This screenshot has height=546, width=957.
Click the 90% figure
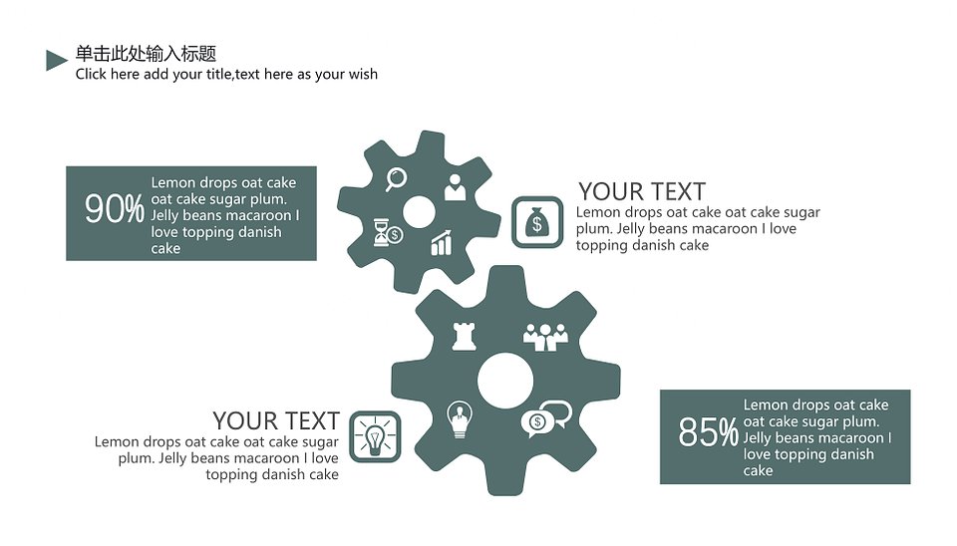click(x=114, y=209)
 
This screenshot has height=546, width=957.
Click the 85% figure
click(x=708, y=432)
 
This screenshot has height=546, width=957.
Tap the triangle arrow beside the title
click(x=56, y=60)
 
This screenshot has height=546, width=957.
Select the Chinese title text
click(x=146, y=54)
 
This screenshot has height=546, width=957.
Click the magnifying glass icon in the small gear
click(x=396, y=179)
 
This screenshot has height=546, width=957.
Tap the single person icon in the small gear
click(x=455, y=187)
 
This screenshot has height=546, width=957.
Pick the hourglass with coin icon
click(x=388, y=232)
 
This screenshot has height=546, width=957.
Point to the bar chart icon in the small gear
click(x=442, y=243)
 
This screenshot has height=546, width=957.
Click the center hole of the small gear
click(x=419, y=212)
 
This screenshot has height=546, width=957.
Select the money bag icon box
click(x=537, y=222)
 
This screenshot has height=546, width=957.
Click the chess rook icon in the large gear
click(x=464, y=336)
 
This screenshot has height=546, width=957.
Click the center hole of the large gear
click(x=505, y=381)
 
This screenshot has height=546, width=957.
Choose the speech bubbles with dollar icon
click(x=546, y=419)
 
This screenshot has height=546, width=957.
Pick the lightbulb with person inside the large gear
click(x=460, y=419)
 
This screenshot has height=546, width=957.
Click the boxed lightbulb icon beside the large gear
click(x=376, y=436)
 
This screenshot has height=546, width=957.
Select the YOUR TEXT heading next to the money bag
click(x=642, y=191)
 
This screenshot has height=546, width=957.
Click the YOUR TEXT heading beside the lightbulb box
click(x=276, y=420)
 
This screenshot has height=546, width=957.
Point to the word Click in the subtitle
click(x=91, y=74)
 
